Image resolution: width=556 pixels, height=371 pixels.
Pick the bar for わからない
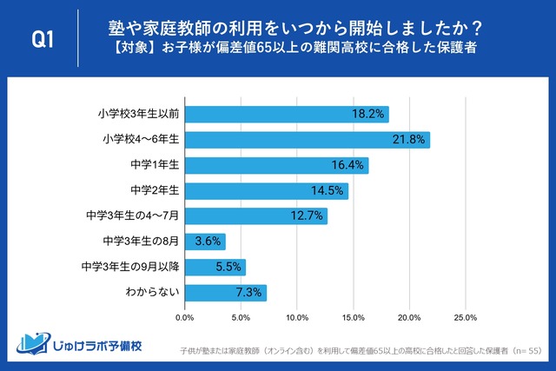226,293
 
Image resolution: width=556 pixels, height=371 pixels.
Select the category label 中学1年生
154,165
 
